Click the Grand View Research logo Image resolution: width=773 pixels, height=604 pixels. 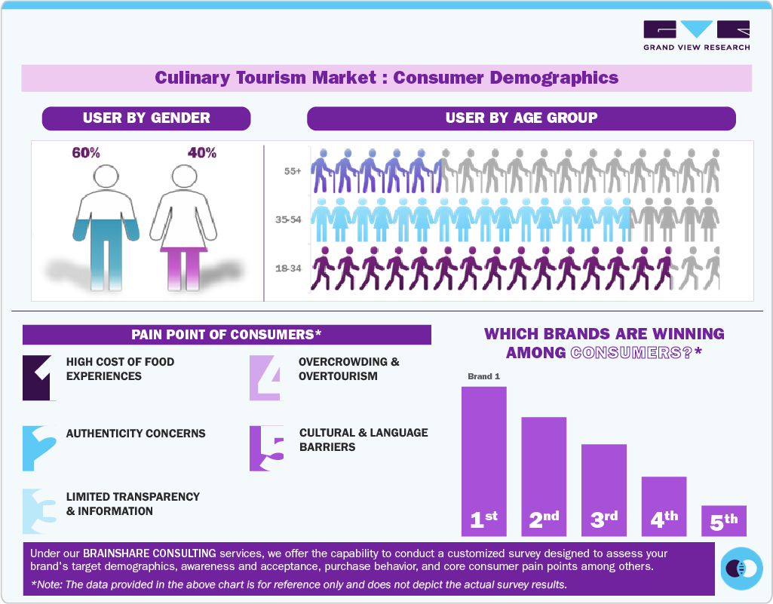(x=696, y=35)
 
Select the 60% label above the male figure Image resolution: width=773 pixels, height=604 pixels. (x=86, y=153)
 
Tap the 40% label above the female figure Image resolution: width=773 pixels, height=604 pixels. (x=201, y=153)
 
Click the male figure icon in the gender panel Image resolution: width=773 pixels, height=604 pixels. (x=108, y=226)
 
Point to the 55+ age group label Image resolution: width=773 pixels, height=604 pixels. (x=293, y=171)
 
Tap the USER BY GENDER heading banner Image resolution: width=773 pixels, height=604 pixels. (x=146, y=118)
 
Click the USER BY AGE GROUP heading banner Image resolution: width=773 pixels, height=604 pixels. (x=521, y=118)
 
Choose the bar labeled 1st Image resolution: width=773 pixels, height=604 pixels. (x=484, y=460)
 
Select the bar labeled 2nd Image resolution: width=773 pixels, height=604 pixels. (x=544, y=475)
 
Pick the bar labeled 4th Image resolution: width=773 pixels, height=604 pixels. (x=664, y=505)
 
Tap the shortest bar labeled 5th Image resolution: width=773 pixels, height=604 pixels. (x=723, y=520)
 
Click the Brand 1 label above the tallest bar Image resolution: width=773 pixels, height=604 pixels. (x=484, y=376)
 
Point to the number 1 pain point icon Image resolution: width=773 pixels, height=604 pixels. (x=39, y=377)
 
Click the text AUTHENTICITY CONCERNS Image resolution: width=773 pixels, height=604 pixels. (x=136, y=434)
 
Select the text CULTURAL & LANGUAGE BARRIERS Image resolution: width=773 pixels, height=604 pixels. (x=363, y=440)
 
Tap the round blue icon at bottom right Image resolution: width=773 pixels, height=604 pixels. (x=742, y=568)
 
